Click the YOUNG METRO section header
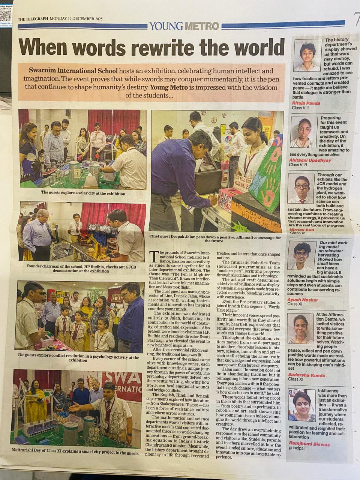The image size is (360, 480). point(184,26)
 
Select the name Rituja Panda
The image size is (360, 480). point(306,103)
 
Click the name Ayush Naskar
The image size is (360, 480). point(303,300)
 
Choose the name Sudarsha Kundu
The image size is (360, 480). point(306,375)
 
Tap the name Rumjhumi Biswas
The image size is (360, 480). point(309,444)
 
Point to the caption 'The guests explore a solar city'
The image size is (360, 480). point(83,193)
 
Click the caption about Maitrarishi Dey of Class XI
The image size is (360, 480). point(78,453)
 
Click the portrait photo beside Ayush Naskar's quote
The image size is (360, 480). point(302,255)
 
